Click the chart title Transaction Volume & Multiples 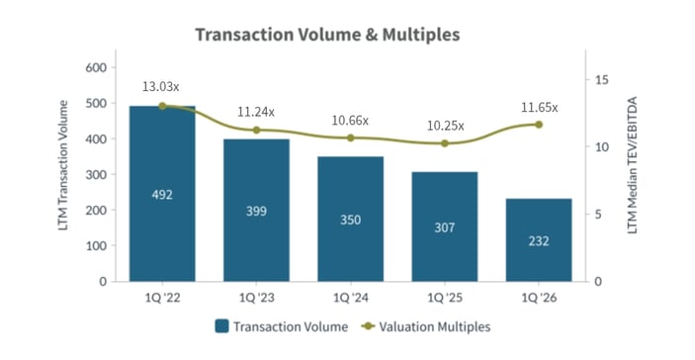[327, 35]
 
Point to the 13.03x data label [163, 87]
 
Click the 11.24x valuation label [255, 112]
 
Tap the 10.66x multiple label [350, 120]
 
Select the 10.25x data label [444, 126]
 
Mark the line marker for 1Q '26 [539, 124]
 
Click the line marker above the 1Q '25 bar [445, 143]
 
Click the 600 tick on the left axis [97, 67]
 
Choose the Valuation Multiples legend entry [426, 325]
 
